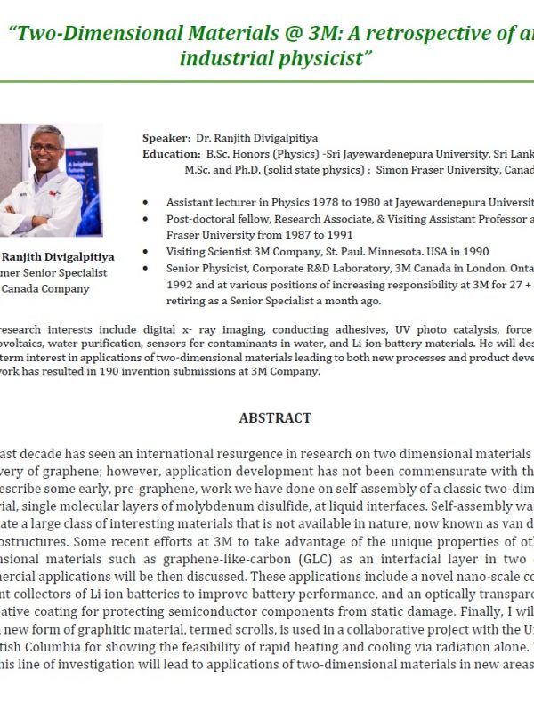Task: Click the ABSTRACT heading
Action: click(275, 417)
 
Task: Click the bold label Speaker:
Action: click(166, 138)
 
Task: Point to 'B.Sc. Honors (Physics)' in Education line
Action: click(267, 153)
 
